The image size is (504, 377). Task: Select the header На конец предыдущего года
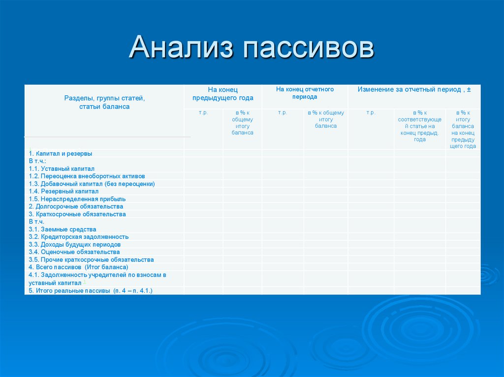222,93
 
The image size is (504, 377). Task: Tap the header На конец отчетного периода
305,93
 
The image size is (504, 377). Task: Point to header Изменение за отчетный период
414,89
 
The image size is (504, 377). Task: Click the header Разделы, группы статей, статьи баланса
104,102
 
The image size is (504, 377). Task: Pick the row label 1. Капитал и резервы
60,153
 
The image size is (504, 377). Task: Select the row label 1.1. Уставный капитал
62,169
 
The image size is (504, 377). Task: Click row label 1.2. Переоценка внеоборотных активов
87,176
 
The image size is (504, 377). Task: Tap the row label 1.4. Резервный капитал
63,191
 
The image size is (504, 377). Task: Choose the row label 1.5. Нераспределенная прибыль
77,199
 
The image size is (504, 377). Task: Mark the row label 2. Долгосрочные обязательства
76,206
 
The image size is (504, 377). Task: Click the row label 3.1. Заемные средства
63,229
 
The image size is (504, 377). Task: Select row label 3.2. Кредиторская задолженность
79,237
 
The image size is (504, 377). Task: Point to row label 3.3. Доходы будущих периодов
75,244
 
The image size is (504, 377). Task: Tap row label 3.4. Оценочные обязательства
74,252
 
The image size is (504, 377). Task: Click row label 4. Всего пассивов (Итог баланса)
78,267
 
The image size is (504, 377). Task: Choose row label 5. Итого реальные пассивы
91,291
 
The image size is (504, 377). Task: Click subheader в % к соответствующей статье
419,126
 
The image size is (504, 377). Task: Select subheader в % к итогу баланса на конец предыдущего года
463,130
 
